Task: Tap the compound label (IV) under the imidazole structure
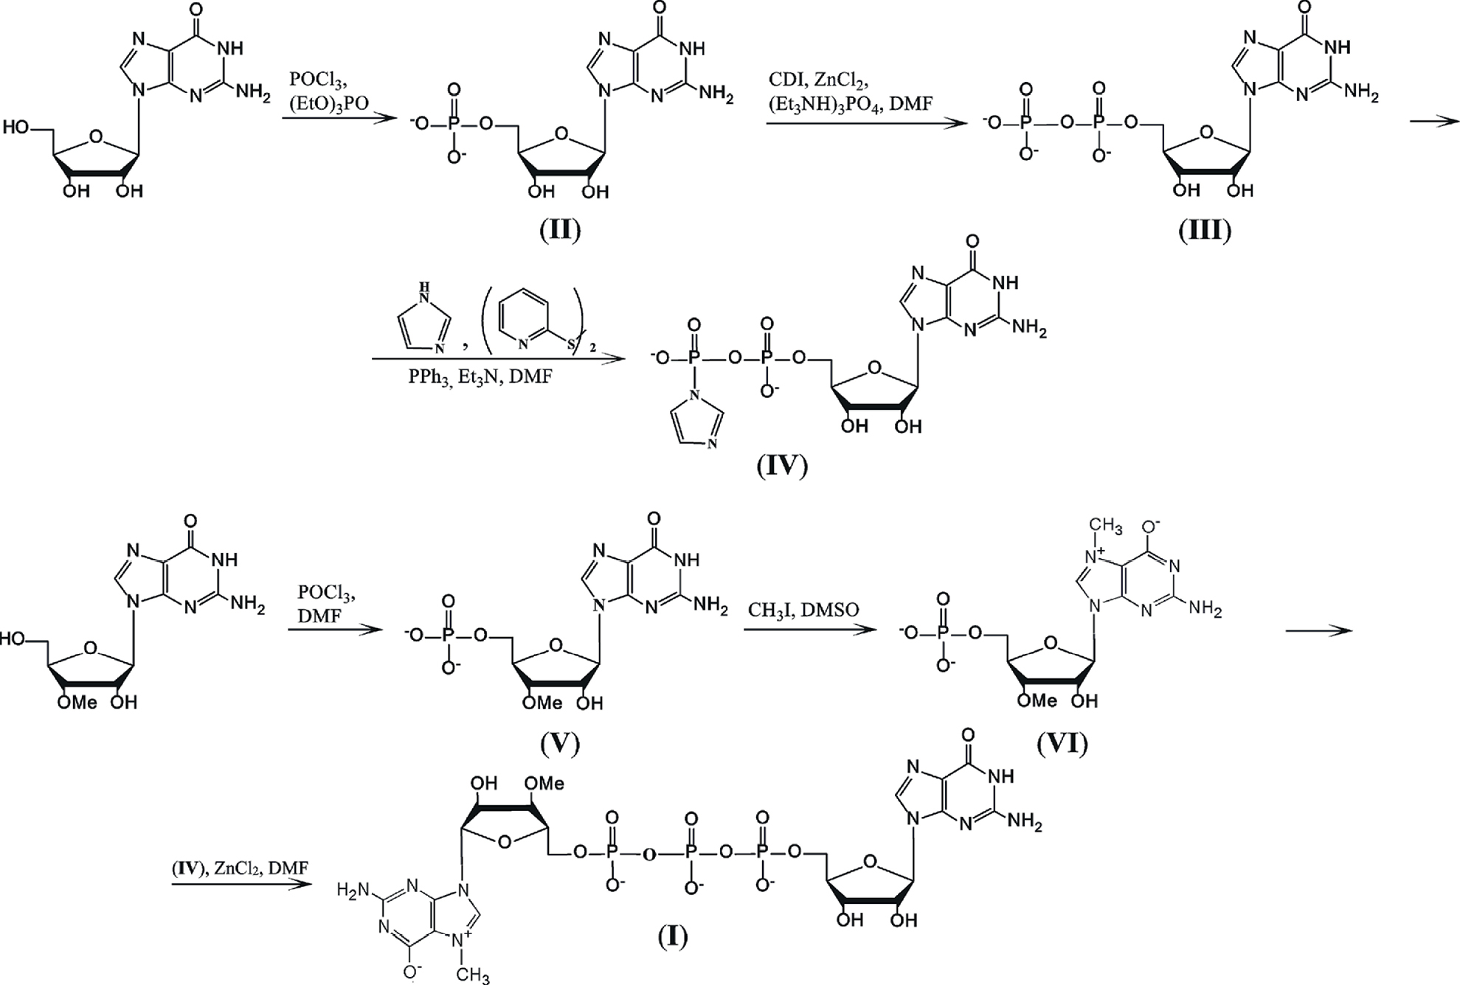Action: pyautogui.click(x=782, y=465)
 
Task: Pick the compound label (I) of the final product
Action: pyautogui.click(x=672, y=936)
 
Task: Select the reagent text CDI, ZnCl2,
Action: pyautogui.click(x=818, y=80)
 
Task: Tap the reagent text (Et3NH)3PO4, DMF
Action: pyautogui.click(x=850, y=104)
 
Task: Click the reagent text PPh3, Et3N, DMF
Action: pyautogui.click(x=480, y=377)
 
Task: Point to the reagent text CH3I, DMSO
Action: pyautogui.click(x=803, y=609)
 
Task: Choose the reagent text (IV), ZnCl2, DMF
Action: pyautogui.click(x=240, y=869)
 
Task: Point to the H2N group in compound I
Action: pyautogui.click(x=353, y=891)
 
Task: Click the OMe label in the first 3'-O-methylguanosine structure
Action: pyautogui.click(x=77, y=702)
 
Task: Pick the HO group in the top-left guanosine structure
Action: pyautogui.click(x=18, y=128)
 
